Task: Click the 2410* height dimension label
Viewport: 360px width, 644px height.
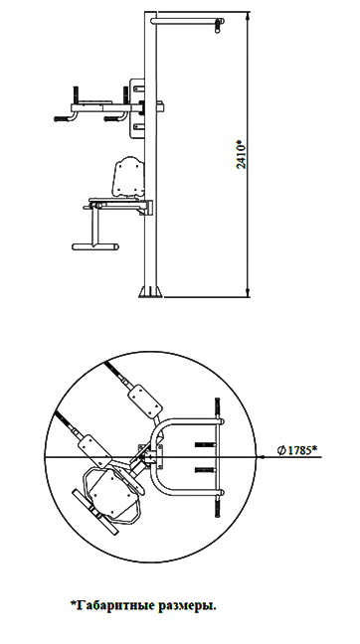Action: (x=242, y=154)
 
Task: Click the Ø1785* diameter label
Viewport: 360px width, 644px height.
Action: (x=296, y=450)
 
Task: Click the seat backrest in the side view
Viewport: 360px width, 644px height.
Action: (x=128, y=177)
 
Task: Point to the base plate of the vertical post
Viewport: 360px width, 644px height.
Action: (x=150, y=291)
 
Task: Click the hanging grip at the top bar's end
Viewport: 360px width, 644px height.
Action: (x=218, y=26)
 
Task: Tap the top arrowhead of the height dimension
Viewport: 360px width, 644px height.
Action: (x=248, y=17)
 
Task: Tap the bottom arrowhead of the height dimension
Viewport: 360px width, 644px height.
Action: (x=248, y=292)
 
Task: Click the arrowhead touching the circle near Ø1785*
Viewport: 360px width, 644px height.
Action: (x=261, y=457)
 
